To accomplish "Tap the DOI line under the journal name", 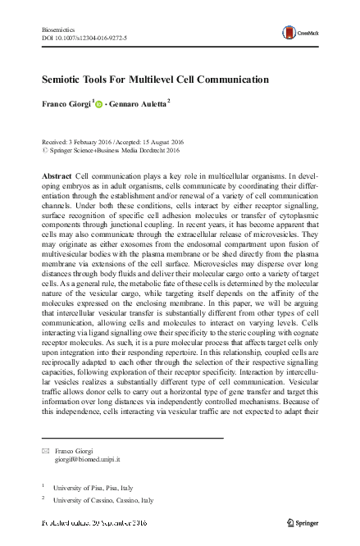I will point(84,38).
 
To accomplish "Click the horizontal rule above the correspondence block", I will point(131,438).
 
